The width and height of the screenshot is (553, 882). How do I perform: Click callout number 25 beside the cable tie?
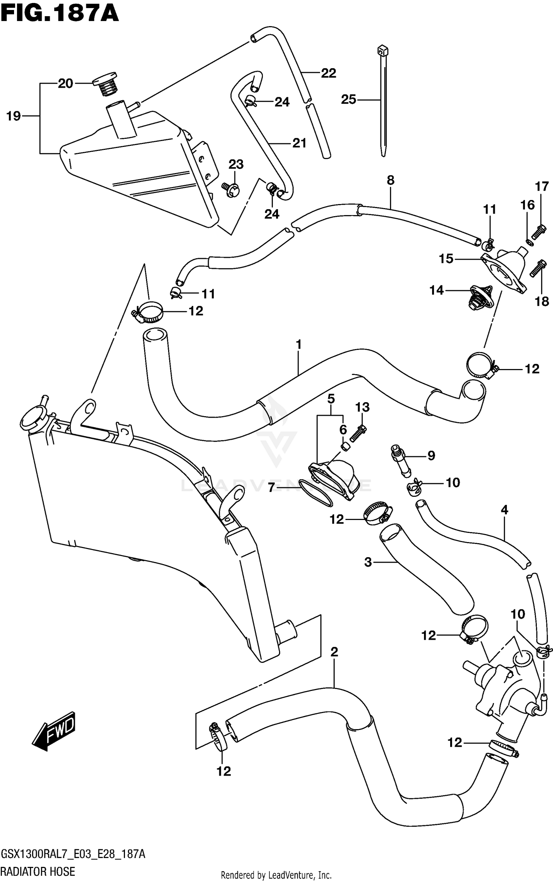[348, 99]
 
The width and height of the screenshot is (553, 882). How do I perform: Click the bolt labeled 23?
[232, 189]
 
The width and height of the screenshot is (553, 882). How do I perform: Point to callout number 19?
[14, 116]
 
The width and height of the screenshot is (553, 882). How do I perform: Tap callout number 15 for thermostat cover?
[446, 259]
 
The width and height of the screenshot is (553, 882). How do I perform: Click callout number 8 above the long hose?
[390, 180]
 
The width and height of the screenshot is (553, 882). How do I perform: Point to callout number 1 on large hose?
[299, 345]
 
